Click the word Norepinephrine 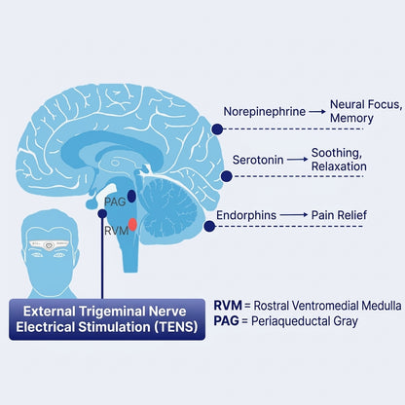click(x=265, y=112)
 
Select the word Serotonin click(x=258, y=160)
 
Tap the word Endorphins click(x=246, y=215)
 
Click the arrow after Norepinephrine click(x=317, y=112)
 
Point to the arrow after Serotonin click(x=297, y=160)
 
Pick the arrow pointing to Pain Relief click(x=294, y=215)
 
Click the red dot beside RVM click(x=132, y=225)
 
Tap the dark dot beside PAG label click(x=131, y=196)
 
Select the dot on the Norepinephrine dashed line click(x=217, y=129)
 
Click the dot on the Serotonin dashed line click(x=227, y=176)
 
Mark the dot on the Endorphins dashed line click(x=209, y=226)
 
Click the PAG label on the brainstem click(x=115, y=202)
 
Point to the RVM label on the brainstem click(x=117, y=231)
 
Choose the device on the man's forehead click(x=49, y=245)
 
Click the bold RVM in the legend click(x=228, y=306)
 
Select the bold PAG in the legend click(x=226, y=321)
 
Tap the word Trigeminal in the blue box click(x=113, y=312)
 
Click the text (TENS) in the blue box click(x=176, y=327)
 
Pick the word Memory click(x=351, y=118)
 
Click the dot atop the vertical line click(x=102, y=213)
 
